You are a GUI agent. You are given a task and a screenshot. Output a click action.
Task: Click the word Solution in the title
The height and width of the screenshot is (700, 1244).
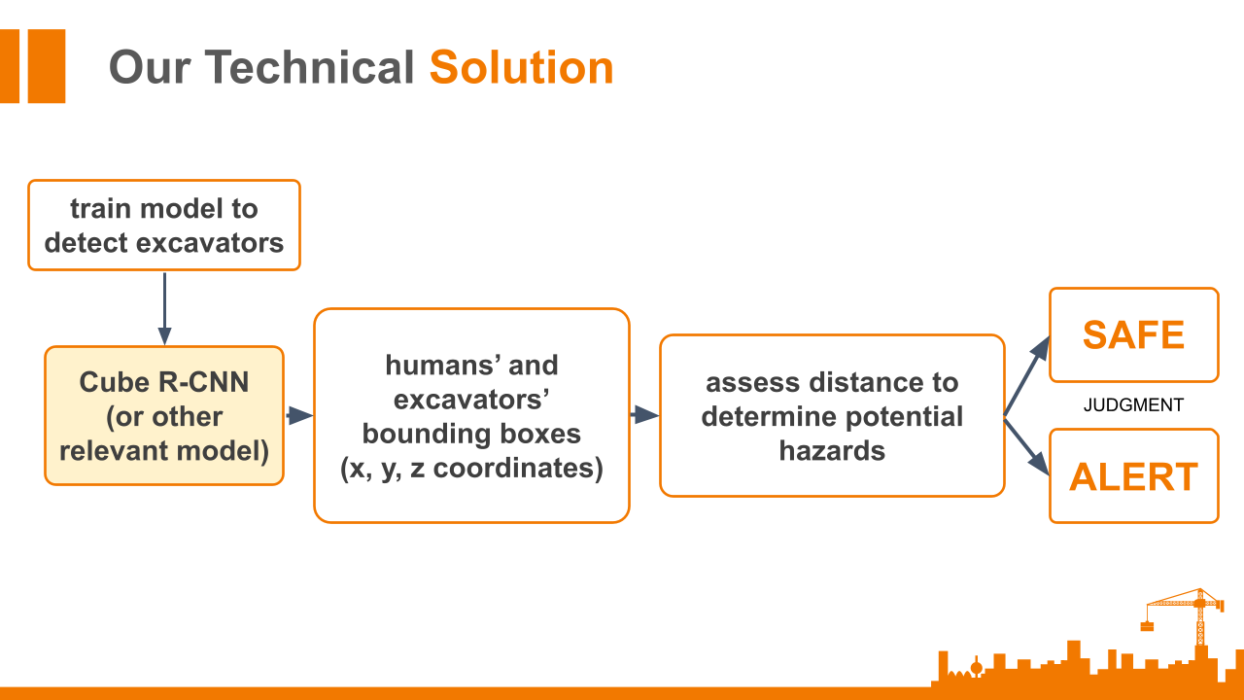(x=522, y=67)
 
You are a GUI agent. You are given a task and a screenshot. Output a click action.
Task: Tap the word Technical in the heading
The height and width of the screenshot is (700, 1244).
(x=309, y=67)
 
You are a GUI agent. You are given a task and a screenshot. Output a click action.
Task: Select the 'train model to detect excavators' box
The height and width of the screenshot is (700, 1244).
(x=164, y=225)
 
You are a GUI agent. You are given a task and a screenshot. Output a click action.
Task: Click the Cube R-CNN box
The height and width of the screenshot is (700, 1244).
(x=164, y=415)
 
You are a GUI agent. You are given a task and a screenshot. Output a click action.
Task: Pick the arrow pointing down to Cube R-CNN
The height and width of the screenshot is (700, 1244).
(x=164, y=309)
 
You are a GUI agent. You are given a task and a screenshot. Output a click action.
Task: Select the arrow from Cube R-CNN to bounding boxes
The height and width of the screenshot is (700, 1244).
(x=300, y=415)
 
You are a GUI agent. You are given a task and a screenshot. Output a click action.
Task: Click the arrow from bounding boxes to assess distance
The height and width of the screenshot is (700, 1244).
(x=645, y=414)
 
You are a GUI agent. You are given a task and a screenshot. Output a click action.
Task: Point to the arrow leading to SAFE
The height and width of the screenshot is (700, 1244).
(x=1027, y=376)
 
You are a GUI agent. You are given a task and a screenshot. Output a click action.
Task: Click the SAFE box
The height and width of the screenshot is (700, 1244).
(x=1134, y=335)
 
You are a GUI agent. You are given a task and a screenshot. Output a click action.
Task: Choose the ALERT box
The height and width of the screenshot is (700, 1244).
(x=1134, y=476)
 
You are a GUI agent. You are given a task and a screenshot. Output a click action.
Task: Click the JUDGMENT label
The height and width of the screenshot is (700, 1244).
(x=1133, y=405)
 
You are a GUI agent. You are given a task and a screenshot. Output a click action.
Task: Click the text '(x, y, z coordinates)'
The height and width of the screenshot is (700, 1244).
(x=471, y=468)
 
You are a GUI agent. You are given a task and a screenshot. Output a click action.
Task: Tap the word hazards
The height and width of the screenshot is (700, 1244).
(x=832, y=450)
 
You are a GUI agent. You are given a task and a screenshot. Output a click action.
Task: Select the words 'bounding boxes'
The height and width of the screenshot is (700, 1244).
(x=471, y=434)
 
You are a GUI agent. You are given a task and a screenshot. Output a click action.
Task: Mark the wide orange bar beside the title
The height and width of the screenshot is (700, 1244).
(x=47, y=66)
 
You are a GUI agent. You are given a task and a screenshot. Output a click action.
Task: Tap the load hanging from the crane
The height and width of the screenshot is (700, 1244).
(x=1147, y=626)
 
